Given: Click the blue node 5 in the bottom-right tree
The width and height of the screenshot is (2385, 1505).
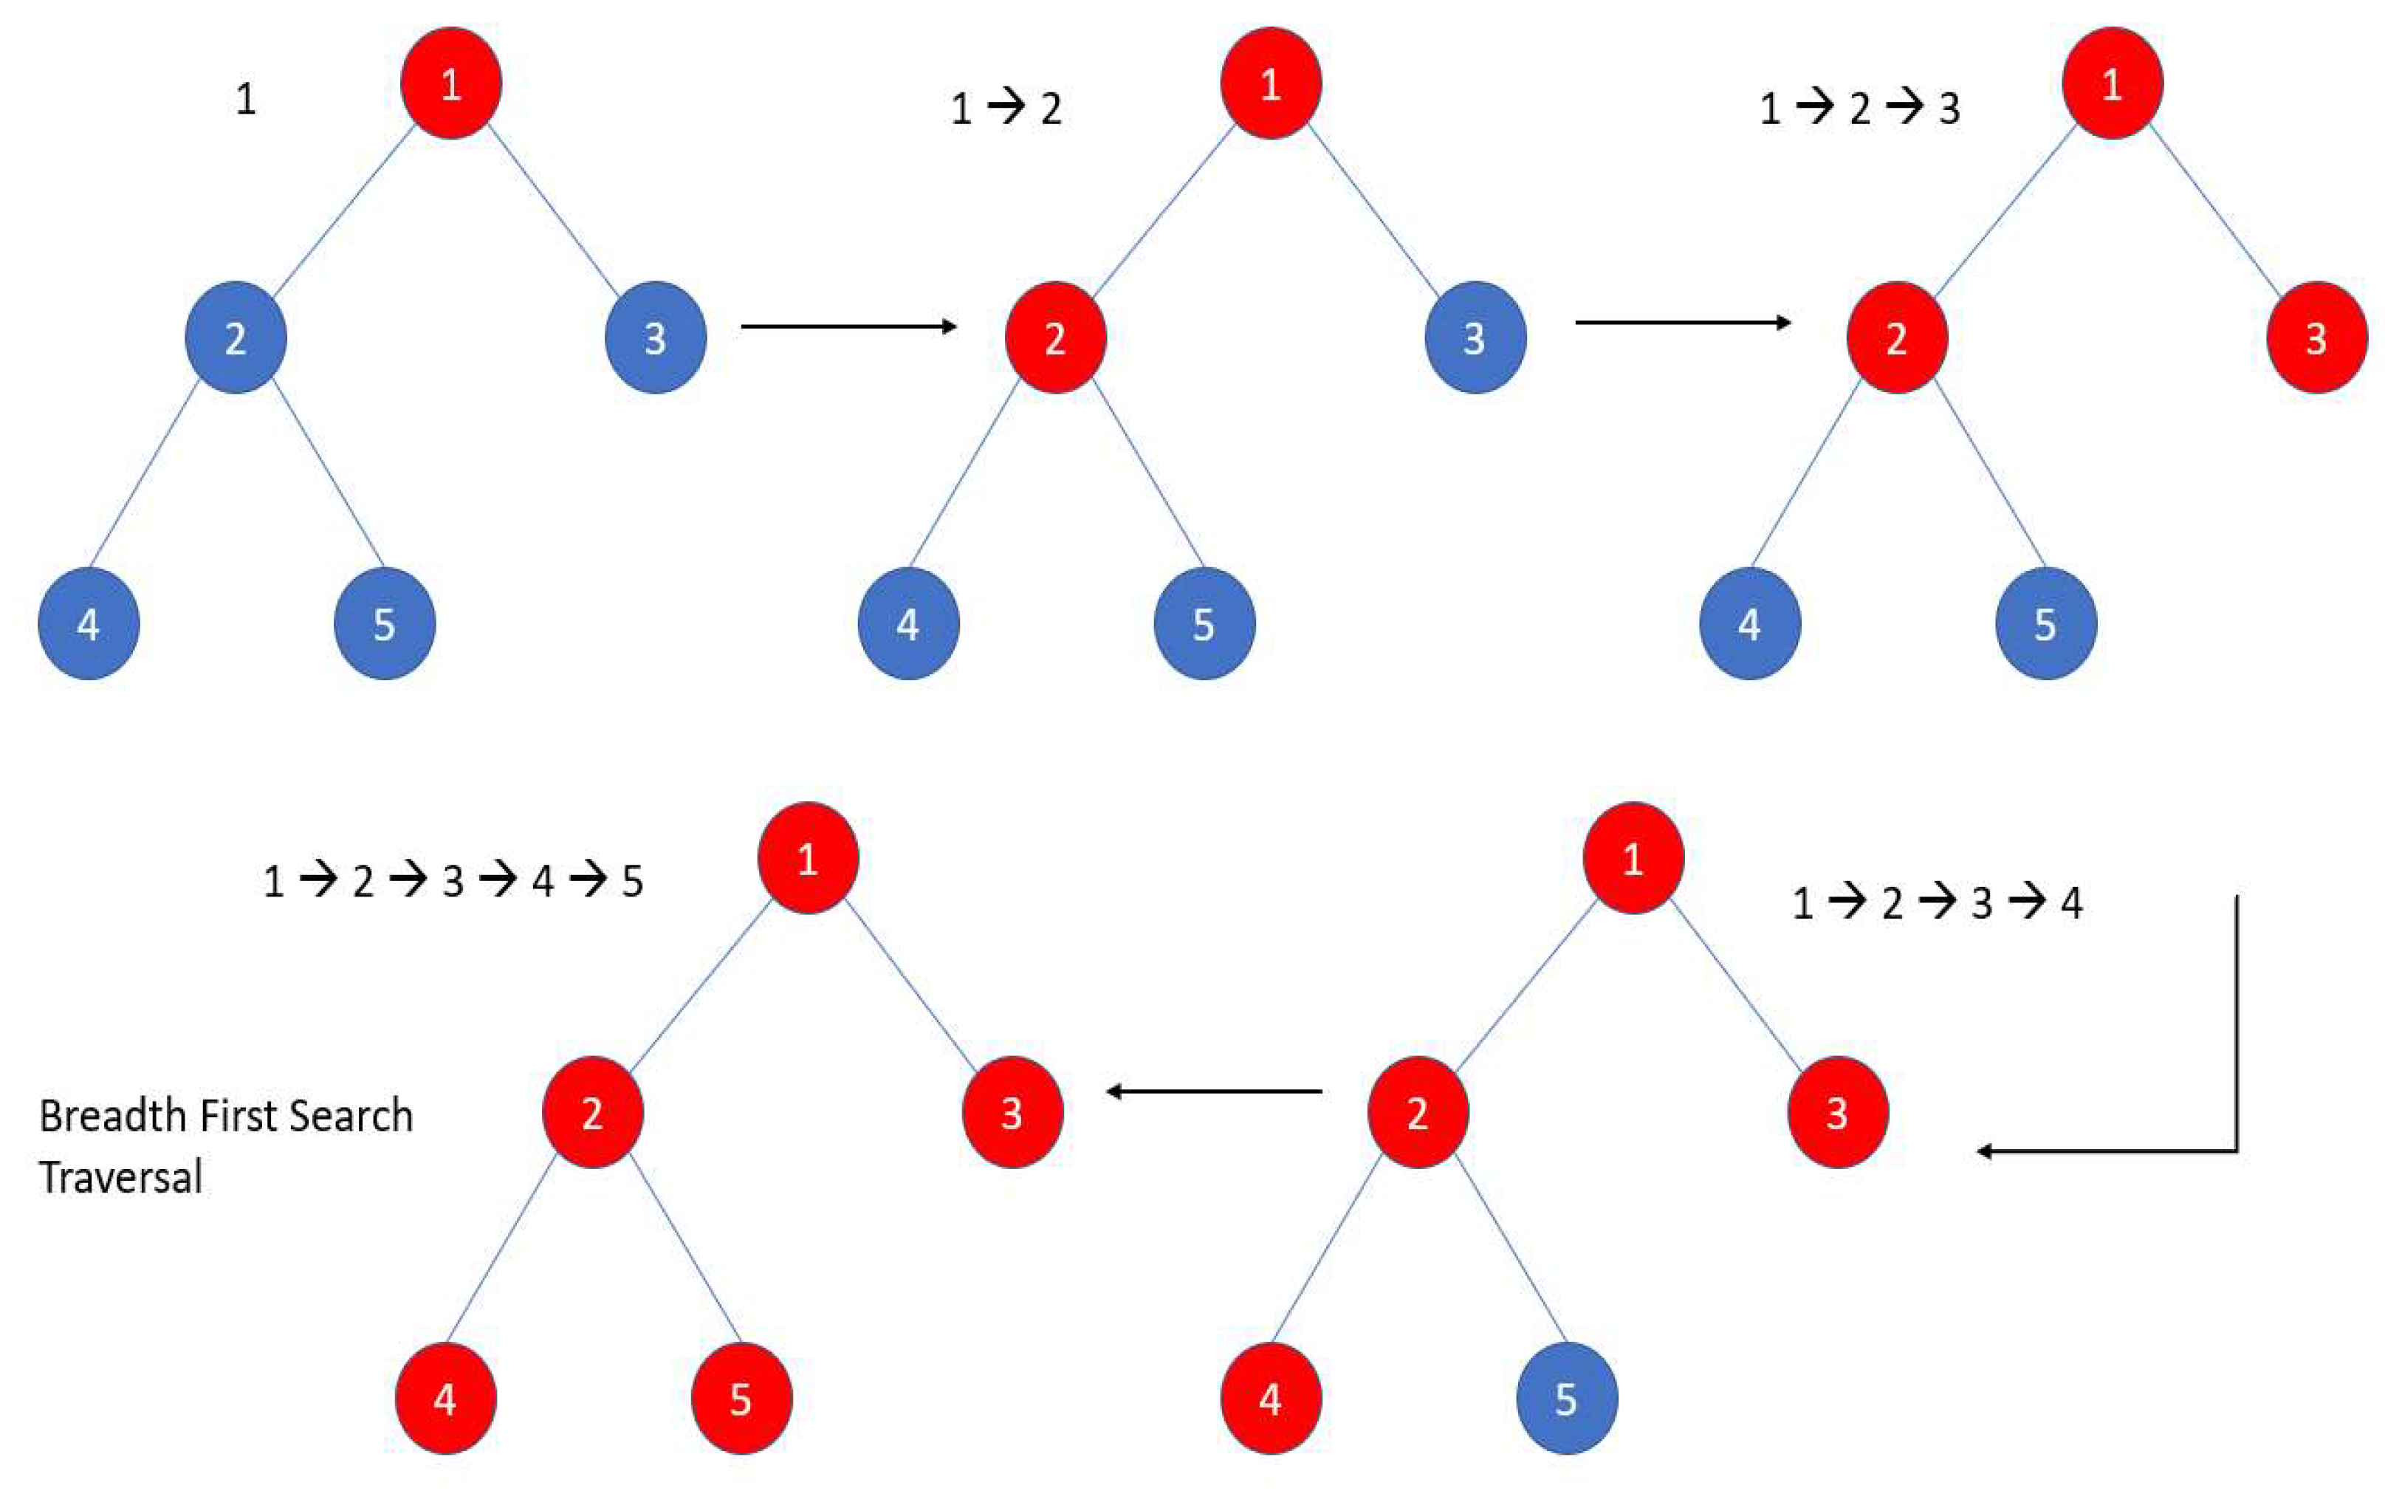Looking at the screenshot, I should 1567,1398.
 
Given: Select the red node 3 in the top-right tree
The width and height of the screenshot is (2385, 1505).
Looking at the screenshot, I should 2316,338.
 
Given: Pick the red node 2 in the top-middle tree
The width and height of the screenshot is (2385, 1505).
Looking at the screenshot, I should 1055,338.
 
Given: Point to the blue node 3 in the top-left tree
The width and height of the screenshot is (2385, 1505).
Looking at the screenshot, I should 655,338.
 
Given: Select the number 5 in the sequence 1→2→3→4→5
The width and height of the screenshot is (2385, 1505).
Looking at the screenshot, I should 632,881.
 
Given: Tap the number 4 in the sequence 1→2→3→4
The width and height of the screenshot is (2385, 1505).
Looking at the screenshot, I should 2071,902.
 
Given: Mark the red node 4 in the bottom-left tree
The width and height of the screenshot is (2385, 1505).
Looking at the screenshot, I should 445,1398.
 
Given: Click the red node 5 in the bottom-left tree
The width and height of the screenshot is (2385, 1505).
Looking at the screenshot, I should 741,1398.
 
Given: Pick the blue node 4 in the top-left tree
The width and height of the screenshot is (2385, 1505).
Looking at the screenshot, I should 88,623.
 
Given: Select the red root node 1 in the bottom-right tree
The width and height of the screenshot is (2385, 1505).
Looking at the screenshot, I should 1633,858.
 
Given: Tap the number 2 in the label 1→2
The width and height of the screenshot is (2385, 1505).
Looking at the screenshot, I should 1051,108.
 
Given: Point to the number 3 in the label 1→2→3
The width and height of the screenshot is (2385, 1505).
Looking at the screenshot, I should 1949,108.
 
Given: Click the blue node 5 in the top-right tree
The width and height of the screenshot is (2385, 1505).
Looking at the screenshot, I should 2045,623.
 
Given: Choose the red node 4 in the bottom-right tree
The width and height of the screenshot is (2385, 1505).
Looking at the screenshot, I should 1270,1398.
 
